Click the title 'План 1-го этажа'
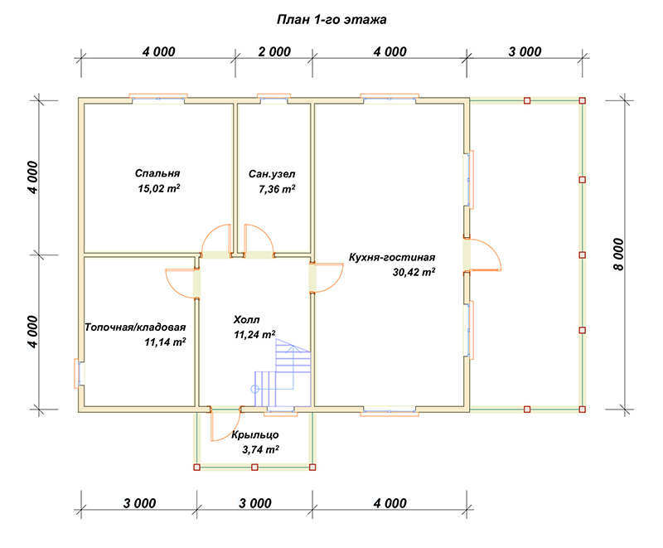[331, 19]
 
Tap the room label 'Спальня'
[157, 173]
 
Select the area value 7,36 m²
[277, 188]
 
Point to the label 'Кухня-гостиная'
[391, 257]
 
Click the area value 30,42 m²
[414, 272]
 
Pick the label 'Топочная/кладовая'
[135, 327]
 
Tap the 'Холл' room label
[246, 319]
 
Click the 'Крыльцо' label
[255, 434]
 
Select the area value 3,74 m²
[260, 449]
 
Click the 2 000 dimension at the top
[274, 51]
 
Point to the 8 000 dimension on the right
[618, 255]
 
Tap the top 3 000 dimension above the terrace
[525, 51]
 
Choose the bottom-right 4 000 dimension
[390, 503]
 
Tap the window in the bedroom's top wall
[158, 98]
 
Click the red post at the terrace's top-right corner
[583, 100]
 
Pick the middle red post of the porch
[254, 468]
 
